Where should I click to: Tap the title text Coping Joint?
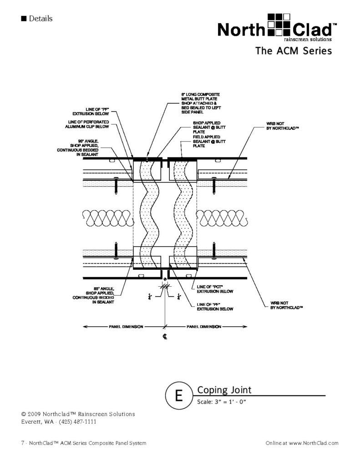click(224, 390)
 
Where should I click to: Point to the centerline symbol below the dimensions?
click(164, 338)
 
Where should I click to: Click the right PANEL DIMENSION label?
click(204, 327)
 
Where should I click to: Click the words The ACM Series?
click(293, 51)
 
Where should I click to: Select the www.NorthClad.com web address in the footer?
click(313, 443)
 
